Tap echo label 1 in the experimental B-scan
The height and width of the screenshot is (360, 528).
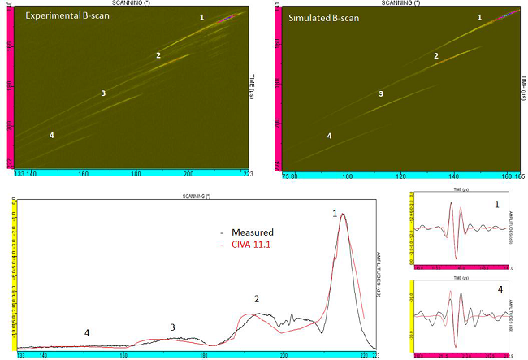click(202, 17)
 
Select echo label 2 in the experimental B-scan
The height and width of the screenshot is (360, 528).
click(158, 55)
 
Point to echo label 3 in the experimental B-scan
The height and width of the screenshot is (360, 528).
click(103, 93)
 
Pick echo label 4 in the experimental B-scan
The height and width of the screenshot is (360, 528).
click(52, 135)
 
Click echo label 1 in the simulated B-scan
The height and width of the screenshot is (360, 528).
click(479, 17)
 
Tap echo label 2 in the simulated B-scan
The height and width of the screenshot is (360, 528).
click(435, 55)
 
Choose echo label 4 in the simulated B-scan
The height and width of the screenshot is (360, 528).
click(329, 136)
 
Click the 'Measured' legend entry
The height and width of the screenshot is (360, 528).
click(251, 231)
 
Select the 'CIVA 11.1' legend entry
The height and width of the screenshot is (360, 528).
click(253, 243)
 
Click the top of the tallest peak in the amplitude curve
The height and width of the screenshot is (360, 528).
click(344, 215)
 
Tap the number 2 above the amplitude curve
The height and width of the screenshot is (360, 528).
click(257, 299)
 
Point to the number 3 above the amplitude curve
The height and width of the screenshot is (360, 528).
click(172, 327)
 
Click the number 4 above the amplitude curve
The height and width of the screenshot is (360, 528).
click(87, 333)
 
